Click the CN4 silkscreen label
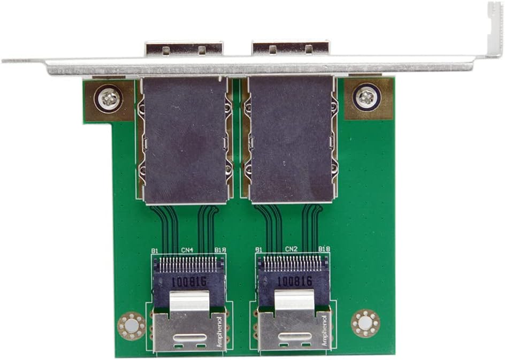click(187, 249)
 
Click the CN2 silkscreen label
click(291, 249)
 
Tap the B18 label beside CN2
click(324, 249)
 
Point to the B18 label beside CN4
click(219, 250)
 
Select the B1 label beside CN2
click(258, 250)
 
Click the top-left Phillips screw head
click(109, 98)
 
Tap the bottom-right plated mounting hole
click(365, 323)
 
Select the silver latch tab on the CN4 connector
click(188, 301)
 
